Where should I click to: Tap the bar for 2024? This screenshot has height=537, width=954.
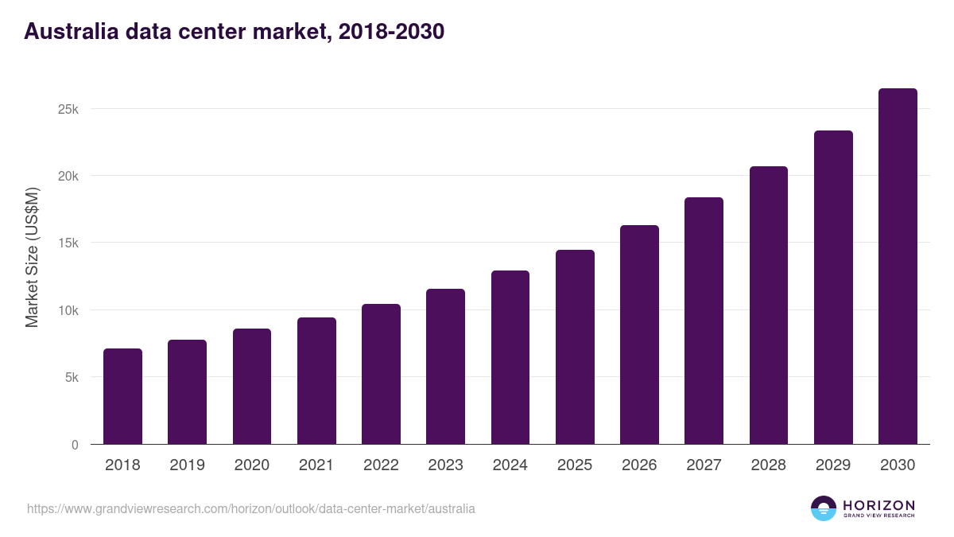[x=510, y=357]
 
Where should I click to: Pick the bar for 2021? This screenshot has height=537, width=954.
[x=316, y=381]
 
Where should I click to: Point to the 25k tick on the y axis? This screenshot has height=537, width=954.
[x=68, y=109]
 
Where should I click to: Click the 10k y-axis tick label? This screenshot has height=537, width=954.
[x=68, y=310]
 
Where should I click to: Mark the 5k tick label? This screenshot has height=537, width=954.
[x=72, y=378]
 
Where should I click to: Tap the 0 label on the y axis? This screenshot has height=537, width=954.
[x=75, y=445]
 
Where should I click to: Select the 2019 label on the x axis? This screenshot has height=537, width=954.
[x=187, y=465]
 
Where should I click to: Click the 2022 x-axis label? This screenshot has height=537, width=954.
[x=381, y=465]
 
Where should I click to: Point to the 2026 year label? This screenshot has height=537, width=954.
[x=639, y=465]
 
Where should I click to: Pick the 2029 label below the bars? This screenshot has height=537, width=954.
[x=833, y=465]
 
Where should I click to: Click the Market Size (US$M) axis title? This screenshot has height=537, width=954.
[x=32, y=256]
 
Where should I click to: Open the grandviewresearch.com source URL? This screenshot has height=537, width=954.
[x=251, y=508]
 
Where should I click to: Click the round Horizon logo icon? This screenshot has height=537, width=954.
[x=824, y=508]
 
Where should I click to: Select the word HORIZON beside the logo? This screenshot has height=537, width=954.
[x=878, y=505]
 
